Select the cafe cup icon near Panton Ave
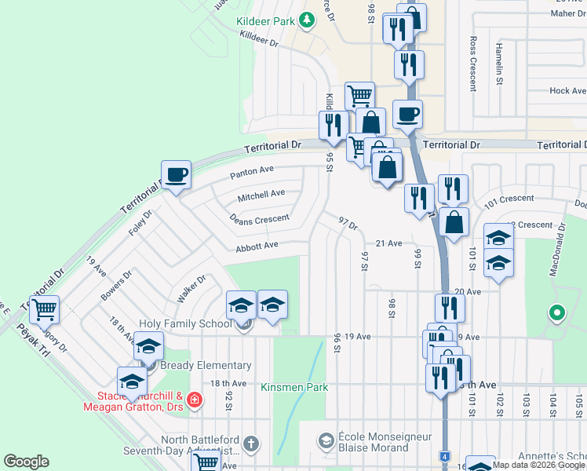pos(176,175)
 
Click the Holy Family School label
pos(185,323)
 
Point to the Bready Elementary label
pos(206,365)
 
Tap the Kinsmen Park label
pos(295,387)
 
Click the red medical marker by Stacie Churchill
pos(195,401)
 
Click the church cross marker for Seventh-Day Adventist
pos(250,444)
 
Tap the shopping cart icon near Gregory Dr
pos(45,310)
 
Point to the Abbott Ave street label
pos(257,246)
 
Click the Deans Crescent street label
pos(259,218)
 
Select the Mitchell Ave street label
pos(261,194)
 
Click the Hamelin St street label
pos(499,63)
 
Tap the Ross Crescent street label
pos(472,63)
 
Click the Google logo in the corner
pos(26,462)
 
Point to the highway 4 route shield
pos(444,456)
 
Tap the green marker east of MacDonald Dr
pos(557,314)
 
